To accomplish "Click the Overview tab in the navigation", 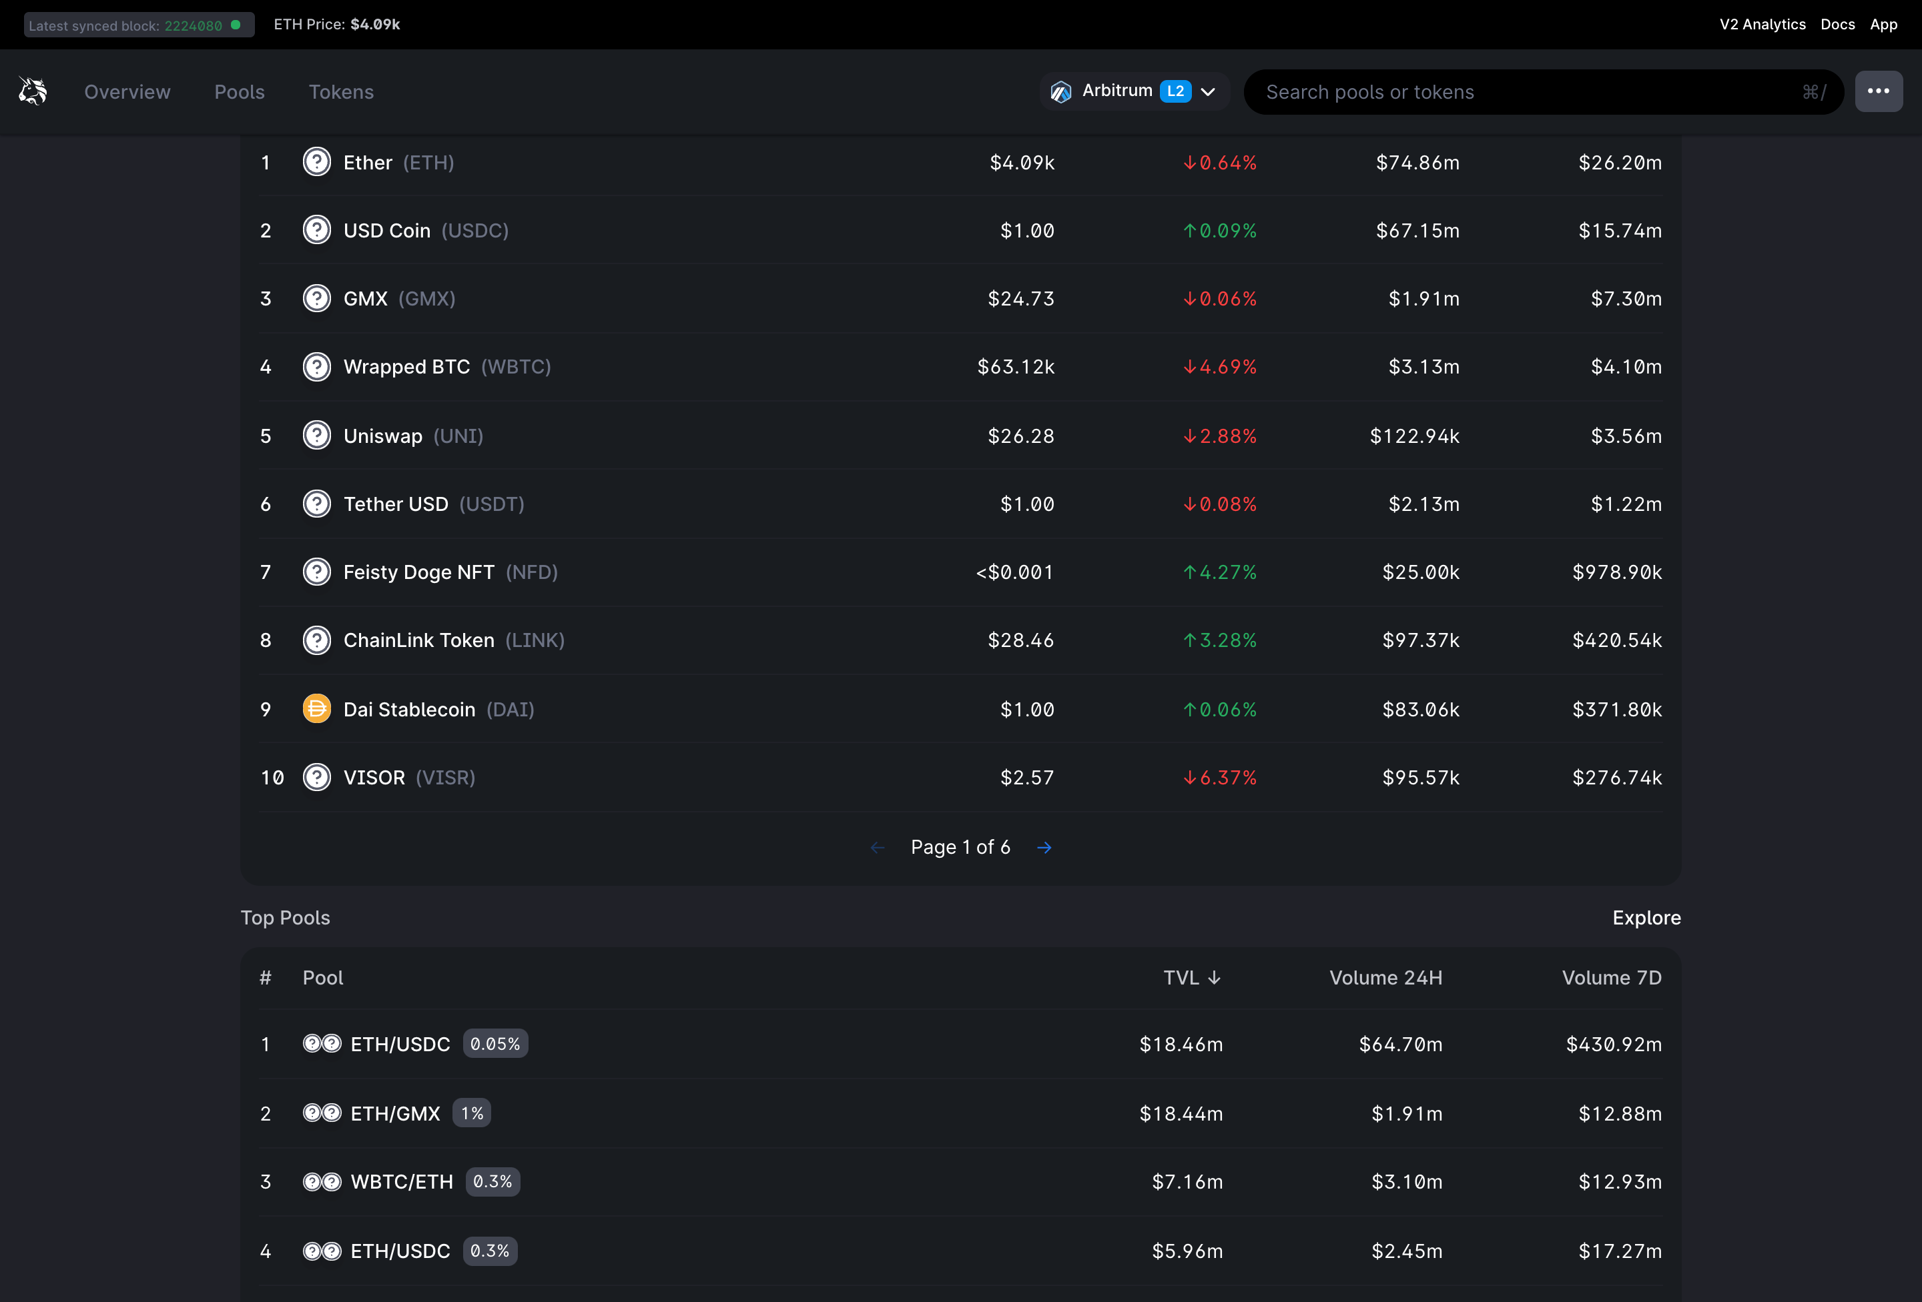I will (x=127, y=92).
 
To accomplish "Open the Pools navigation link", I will (x=239, y=92).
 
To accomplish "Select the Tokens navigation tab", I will (x=341, y=92).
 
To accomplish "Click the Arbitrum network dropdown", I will (x=1134, y=91).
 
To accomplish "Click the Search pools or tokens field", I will (x=1530, y=92).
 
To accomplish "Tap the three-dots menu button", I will (x=1877, y=91).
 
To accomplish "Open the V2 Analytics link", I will (x=1762, y=25).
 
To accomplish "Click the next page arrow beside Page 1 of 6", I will (x=1044, y=847).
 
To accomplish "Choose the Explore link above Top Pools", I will (x=1646, y=918).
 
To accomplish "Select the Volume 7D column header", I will (x=1611, y=978).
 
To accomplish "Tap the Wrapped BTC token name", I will (x=406, y=367).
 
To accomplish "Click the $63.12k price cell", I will (x=1016, y=367).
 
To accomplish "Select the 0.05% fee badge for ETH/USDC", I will (x=495, y=1044).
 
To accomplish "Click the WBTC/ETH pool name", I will (x=402, y=1182).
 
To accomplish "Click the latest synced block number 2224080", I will (x=194, y=25).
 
